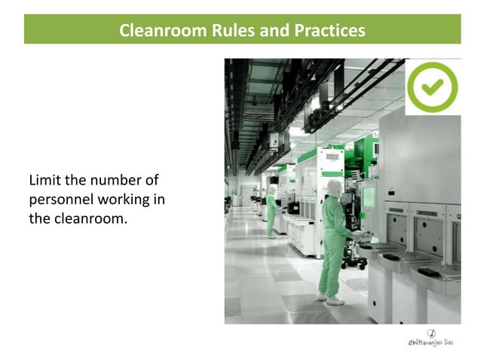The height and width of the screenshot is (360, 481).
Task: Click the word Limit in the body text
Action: pos(44,181)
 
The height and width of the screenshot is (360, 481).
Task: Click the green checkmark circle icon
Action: pos(432,87)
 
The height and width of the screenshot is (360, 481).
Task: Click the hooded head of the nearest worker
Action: pos(332,188)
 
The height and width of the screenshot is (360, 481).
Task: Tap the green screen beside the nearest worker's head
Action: pos(369,197)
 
